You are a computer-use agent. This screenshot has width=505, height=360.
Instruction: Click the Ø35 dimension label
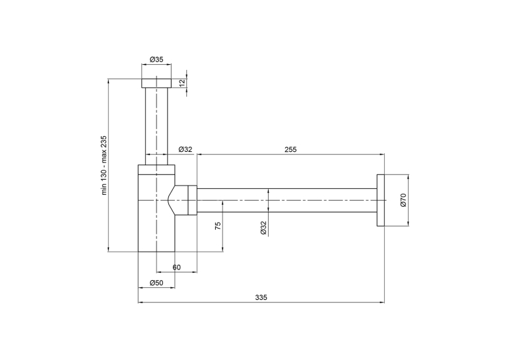coord(156,59)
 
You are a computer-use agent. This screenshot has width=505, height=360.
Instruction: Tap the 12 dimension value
coord(182,83)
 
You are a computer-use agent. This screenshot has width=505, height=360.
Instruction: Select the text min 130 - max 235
coord(104,165)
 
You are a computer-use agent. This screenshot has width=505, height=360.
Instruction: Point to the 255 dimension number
coord(290,149)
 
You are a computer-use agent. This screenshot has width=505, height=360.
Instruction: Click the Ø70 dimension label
coord(403,200)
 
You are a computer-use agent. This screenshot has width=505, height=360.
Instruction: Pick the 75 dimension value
coord(218,226)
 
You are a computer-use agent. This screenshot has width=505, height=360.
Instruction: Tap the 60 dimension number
coord(176,267)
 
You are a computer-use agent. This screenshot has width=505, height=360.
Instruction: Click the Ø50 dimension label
coord(156,283)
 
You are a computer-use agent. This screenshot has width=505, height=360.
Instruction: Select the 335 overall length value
coord(261,297)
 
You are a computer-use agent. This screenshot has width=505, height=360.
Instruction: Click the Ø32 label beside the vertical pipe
coord(185,149)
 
